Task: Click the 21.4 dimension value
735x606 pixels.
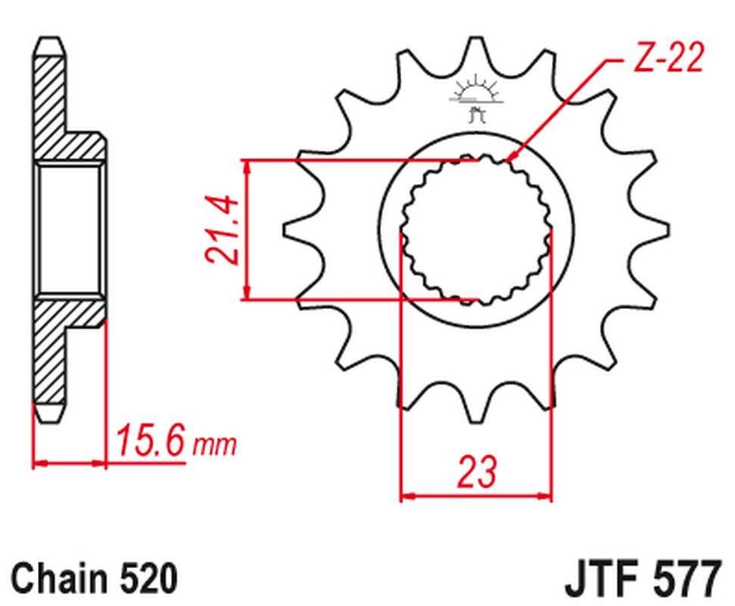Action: click(x=225, y=230)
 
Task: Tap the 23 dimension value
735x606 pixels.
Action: click(x=477, y=472)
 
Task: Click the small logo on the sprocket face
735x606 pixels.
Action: click(x=475, y=98)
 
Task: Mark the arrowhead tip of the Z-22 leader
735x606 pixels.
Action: click(x=506, y=161)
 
